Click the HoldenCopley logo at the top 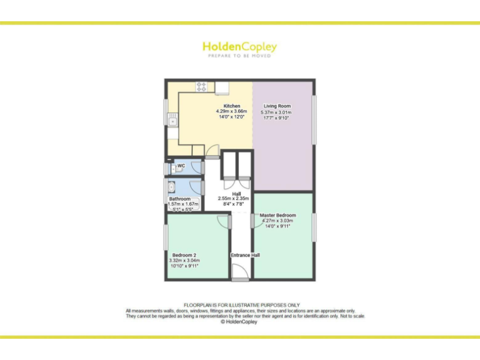click(x=239, y=47)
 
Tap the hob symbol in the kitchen click(x=202, y=87)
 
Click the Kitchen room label click(x=222, y=106)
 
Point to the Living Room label click(x=277, y=106)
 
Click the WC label click(x=181, y=166)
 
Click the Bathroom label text click(x=179, y=199)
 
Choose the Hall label click(x=237, y=194)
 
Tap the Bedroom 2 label click(x=184, y=255)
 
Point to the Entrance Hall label click(x=245, y=255)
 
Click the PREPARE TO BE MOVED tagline click(x=239, y=56)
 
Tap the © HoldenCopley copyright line click(x=239, y=322)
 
